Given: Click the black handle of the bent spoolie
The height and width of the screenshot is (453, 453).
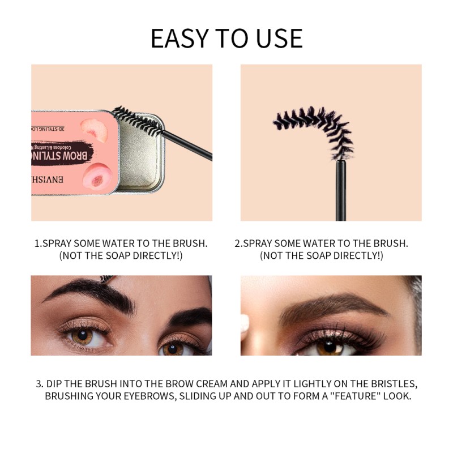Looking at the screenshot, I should coord(341,190).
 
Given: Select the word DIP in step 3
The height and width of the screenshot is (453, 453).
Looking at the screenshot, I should coord(56,383).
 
